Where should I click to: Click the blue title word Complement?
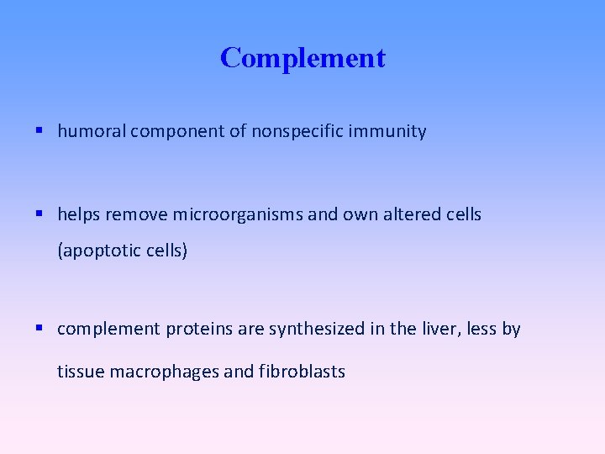302,58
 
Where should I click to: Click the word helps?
77,214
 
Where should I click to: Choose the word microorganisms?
238,214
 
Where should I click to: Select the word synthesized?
317,329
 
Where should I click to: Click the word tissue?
80,371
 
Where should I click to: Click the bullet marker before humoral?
40,131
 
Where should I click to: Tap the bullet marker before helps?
40,214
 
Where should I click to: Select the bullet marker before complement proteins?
40,329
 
